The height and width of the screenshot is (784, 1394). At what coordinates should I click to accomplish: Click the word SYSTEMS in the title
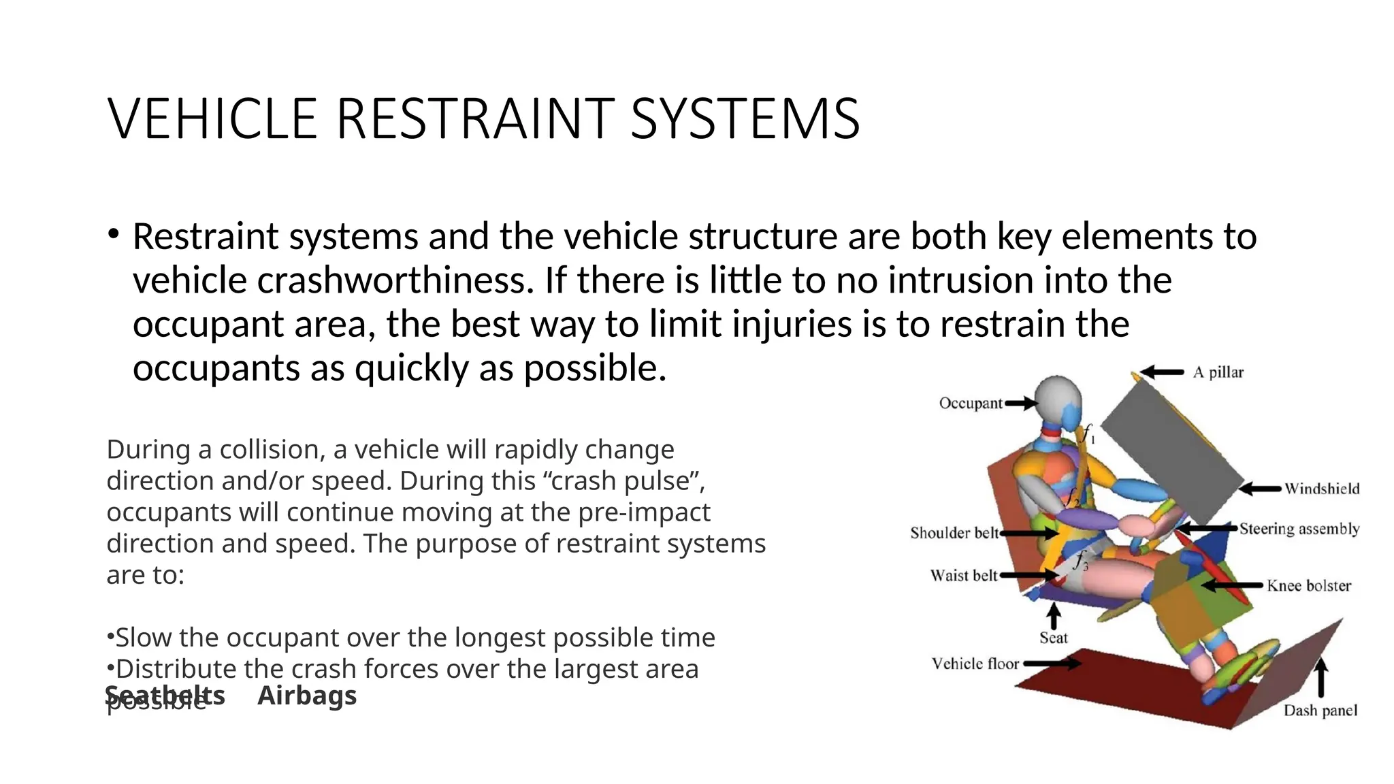pos(745,119)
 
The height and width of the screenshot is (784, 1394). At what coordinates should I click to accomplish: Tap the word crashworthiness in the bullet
pos(395,280)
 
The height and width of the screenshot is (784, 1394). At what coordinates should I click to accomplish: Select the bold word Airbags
pos(307,696)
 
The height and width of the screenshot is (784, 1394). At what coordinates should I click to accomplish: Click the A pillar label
pos(1218,372)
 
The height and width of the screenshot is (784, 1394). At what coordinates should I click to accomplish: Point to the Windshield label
pos(1322,489)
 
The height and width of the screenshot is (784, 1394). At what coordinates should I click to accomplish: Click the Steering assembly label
pos(1299,529)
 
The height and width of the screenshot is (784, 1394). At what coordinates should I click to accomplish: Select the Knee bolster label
pos(1308,585)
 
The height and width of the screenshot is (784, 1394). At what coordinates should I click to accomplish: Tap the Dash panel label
pos(1320,710)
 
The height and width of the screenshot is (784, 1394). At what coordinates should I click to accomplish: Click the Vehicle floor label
pos(975,664)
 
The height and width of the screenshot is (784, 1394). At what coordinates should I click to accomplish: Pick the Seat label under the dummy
pos(1053,638)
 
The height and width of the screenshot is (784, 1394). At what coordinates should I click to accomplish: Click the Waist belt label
pos(963,576)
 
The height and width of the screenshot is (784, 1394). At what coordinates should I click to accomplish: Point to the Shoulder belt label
pos(954,533)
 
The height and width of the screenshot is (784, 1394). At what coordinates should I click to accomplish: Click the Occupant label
pos(971,403)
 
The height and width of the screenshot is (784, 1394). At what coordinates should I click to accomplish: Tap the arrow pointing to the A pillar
pos(1163,372)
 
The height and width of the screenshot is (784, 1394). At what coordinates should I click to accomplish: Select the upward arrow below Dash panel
pos(1320,678)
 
